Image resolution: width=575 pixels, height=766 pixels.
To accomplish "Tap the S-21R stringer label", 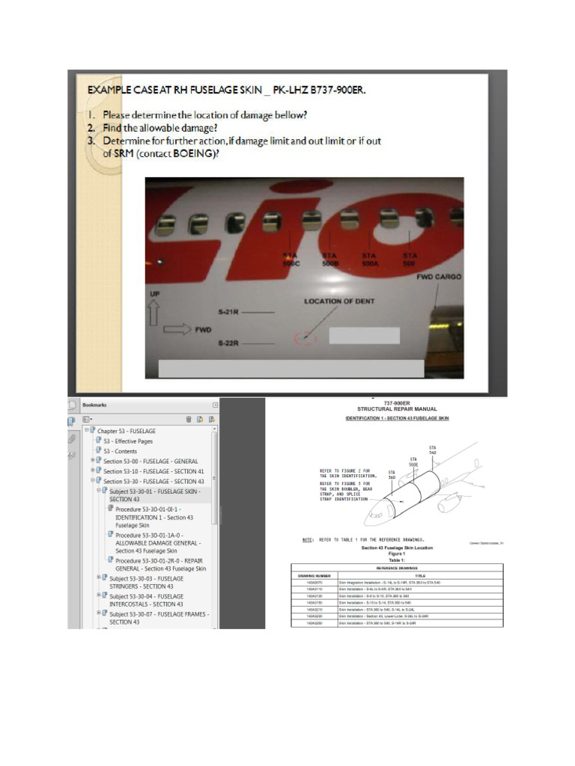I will pyautogui.click(x=229, y=310).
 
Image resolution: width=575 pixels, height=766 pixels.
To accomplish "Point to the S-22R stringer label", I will pyautogui.click(x=229, y=343).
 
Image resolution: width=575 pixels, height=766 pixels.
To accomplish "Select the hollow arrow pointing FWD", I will pyautogui.click(x=177, y=328).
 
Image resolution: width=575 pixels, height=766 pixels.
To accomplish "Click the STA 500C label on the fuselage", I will pyautogui.click(x=290, y=259).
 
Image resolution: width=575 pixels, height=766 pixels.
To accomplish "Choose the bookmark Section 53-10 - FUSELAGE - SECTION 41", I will pyautogui.click(x=153, y=471).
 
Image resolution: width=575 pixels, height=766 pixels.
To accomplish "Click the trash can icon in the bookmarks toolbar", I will pyautogui.click(x=189, y=419).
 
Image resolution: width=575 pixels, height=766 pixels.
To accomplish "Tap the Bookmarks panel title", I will pyautogui.click(x=94, y=405).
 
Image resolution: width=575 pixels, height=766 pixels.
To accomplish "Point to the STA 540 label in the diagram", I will pyautogui.click(x=432, y=450).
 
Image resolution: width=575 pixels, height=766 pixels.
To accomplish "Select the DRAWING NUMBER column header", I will pyautogui.click(x=314, y=575).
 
